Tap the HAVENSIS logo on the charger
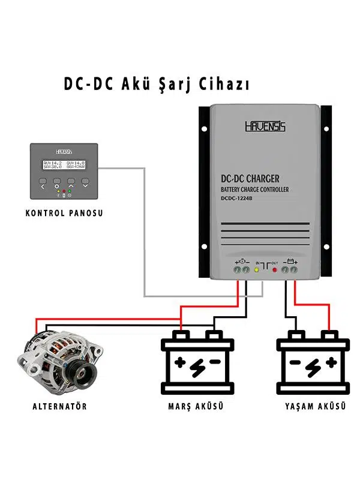tap(265, 127)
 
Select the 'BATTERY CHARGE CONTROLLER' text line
tap(255, 190)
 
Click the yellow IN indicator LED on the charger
tap(257, 270)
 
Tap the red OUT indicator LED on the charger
tap(275, 270)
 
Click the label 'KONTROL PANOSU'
tap(64, 212)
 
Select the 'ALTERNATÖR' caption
tap(59, 406)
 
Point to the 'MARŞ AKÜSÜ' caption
tap(196, 406)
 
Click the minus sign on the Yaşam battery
tap(295, 362)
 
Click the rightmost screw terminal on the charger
tap(294, 271)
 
